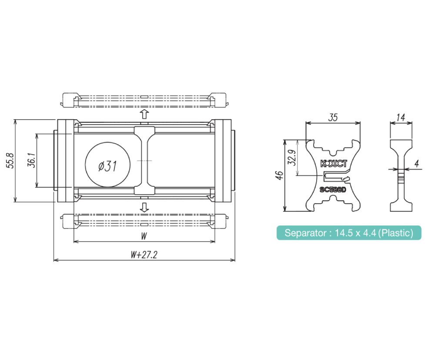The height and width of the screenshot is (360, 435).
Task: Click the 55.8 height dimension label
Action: tap(10, 161)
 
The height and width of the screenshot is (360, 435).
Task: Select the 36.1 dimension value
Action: tap(32, 160)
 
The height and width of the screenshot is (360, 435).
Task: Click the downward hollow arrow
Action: tap(144, 207)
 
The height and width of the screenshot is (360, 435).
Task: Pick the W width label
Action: tap(144, 236)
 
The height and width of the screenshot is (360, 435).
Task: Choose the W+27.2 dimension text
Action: tap(144, 255)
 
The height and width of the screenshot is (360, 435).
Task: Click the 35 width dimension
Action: tap(333, 118)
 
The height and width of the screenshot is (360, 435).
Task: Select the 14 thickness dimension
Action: tap(401, 118)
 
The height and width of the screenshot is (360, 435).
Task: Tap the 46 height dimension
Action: tap(279, 175)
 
